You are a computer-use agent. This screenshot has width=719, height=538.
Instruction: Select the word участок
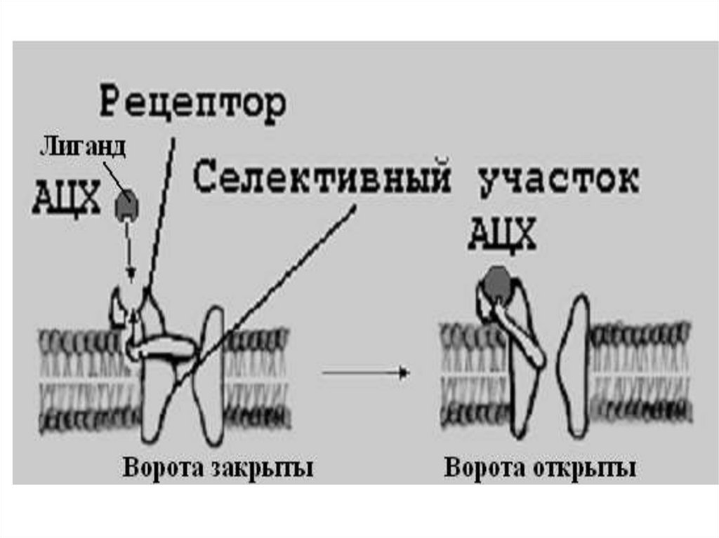pyautogui.click(x=558, y=180)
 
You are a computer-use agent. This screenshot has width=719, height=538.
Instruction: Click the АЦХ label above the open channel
pyautogui.click(x=502, y=234)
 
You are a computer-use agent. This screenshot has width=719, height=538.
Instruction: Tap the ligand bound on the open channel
pyautogui.click(x=497, y=281)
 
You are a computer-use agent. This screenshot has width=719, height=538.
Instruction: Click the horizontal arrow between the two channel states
pyautogui.click(x=365, y=373)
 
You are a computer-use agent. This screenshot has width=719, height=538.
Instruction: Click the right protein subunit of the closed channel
pyautogui.click(x=211, y=379)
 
